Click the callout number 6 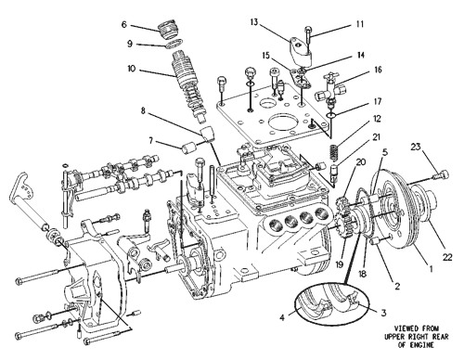[x=124, y=24]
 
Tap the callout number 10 [x=132, y=69]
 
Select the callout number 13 [x=254, y=22]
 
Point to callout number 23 [x=416, y=147]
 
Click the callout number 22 [x=447, y=257]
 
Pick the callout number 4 [x=282, y=317]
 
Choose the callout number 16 [x=378, y=70]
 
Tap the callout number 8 [x=143, y=110]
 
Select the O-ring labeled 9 [x=174, y=44]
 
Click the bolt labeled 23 [x=442, y=175]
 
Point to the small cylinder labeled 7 [x=188, y=148]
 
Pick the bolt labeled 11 [x=309, y=36]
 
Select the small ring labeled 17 [x=331, y=115]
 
